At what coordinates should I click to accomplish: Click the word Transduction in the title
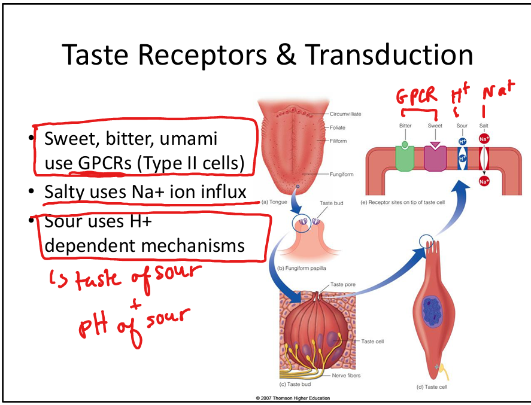[389, 54]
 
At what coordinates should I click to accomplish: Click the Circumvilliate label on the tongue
[345, 114]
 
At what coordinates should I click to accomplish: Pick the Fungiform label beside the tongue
[341, 175]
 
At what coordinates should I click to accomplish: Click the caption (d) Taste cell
[433, 387]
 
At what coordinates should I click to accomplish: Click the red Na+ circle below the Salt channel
[484, 181]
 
